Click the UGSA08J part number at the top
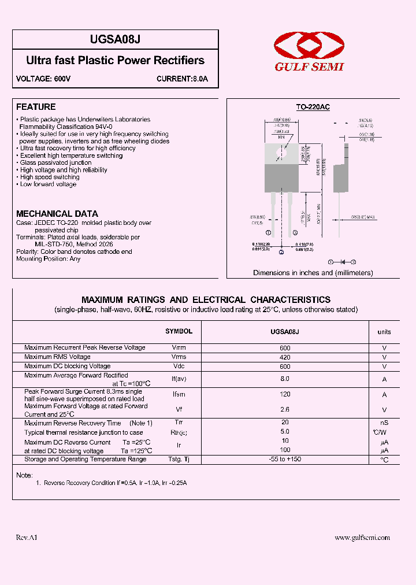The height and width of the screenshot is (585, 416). [x=115, y=39]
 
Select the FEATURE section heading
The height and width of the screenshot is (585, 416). [x=36, y=107]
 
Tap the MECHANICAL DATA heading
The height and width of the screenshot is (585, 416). [x=57, y=213]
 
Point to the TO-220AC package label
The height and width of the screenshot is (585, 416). [x=313, y=107]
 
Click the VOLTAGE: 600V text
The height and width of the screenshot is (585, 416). [x=43, y=79]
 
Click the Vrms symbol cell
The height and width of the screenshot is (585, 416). [x=179, y=357]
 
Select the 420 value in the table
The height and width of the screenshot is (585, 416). [x=284, y=357]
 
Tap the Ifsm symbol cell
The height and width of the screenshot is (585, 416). [x=179, y=395]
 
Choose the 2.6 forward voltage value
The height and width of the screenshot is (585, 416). [x=284, y=410]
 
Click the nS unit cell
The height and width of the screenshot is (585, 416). [x=384, y=423]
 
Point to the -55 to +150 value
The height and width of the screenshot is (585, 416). [x=284, y=459]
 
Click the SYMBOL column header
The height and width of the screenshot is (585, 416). [x=179, y=331]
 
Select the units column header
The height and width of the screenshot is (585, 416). [x=384, y=332]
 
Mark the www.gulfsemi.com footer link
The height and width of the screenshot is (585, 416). [x=362, y=537]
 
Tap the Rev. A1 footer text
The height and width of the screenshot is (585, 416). [x=27, y=537]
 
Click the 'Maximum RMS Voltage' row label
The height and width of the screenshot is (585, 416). [x=57, y=357]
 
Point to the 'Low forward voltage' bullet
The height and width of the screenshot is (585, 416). [x=48, y=184]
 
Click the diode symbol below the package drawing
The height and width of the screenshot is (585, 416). [x=342, y=262]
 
